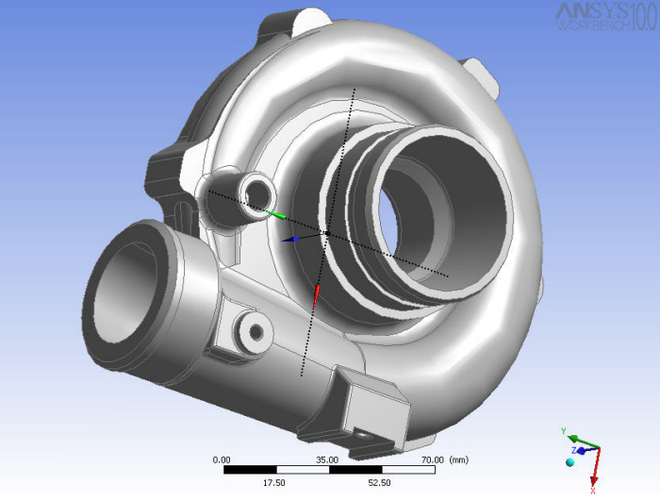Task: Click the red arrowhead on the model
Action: [x=317, y=295]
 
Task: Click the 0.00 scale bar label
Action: [x=222, y=459]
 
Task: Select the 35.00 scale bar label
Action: [x=327, y=459]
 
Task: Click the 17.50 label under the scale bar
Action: [x=274, y=482]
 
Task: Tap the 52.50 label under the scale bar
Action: [x=380, y=482]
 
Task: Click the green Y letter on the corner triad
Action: [x=563, y=431]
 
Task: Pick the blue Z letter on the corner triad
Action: [x=571, y=451]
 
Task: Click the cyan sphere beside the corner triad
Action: [x=569, y=462]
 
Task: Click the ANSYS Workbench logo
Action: [x=606, y=16]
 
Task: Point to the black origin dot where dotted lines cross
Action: [x=326, y=232]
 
